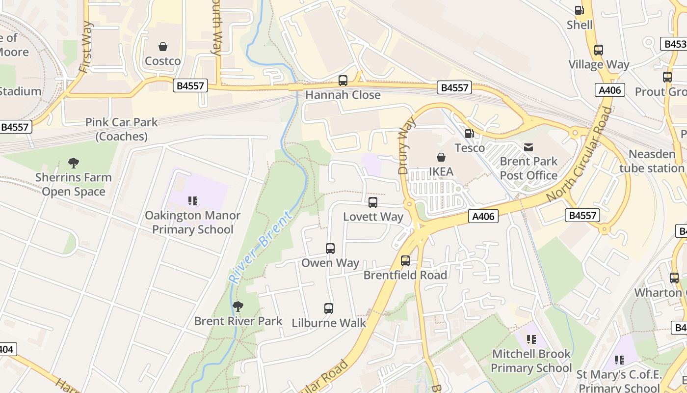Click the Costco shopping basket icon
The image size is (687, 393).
(x=162, y=47)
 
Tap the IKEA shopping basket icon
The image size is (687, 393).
(x=441, y=157)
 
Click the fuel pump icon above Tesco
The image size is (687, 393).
(x=469, y=133)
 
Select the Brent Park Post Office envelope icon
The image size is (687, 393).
(x=528, y=147)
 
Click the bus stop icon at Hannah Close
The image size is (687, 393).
(x=343, y=80)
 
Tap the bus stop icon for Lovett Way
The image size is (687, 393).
(x=373, y=202)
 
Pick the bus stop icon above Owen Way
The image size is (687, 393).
(x=330, y=249)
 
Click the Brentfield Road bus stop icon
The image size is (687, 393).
(x=405, y=261)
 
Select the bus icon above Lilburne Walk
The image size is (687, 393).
(x=329, y=309)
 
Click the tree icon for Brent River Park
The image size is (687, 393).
(x=238, y=307)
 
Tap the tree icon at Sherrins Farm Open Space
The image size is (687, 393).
(x=74, y=163)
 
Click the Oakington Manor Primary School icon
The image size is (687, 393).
(x=192, y=200)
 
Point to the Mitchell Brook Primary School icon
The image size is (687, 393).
(x=531, y=339)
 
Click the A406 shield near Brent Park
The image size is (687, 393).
(x=483, y=216)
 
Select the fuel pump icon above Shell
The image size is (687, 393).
(x=579, y=10)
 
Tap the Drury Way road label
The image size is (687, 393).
(x=407, y=146)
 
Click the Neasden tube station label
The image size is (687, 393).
(x=652, y=161)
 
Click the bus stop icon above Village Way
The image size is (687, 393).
(x=598, y=50)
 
